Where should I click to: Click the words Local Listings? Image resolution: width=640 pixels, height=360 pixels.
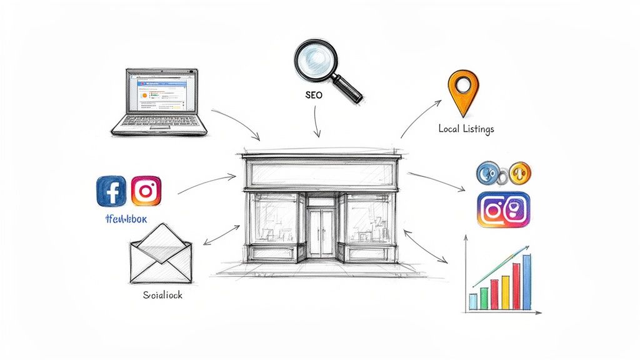[x=466, y=129]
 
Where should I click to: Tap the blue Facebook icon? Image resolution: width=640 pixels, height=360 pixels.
[x=112, y=191]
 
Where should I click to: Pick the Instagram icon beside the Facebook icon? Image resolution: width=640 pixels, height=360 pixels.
[x=146, y=191]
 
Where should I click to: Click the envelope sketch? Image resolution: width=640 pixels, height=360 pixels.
[x=161, y=254]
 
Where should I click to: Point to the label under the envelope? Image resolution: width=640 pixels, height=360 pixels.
[x=159, y=294]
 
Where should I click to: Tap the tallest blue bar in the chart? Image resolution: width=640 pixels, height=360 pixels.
[x=526, y=282]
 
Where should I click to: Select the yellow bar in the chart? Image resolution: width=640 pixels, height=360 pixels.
[x=505, y=291]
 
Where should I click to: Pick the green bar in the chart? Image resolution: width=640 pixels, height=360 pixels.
[x=483, y=299]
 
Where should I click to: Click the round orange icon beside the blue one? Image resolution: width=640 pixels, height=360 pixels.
[x=519, y=172]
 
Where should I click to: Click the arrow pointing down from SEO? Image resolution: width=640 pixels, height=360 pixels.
[x=317, y=122]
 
